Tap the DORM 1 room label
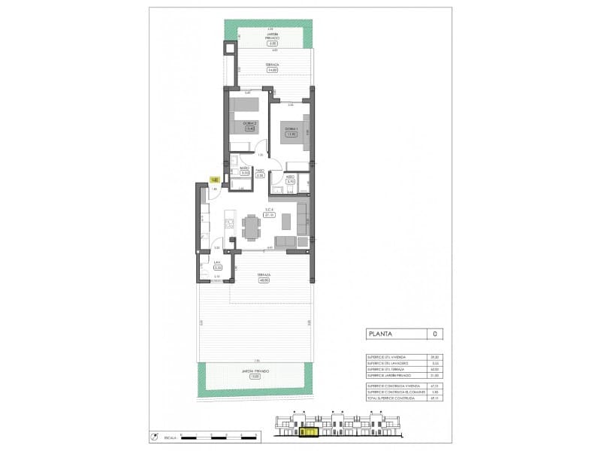click(291, 129)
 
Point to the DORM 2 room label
click(250, 123)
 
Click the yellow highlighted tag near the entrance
click(215, 180)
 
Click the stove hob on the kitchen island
click(228, 222)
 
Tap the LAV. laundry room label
click(217, 262)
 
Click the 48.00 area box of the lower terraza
click(263, 280)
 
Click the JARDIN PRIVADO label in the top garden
click(272, 37)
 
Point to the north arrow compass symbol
click(153, 436)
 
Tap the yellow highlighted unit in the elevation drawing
click(309, 431)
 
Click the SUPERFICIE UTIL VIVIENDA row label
click(386, 358)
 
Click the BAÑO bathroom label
click(244, 168)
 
